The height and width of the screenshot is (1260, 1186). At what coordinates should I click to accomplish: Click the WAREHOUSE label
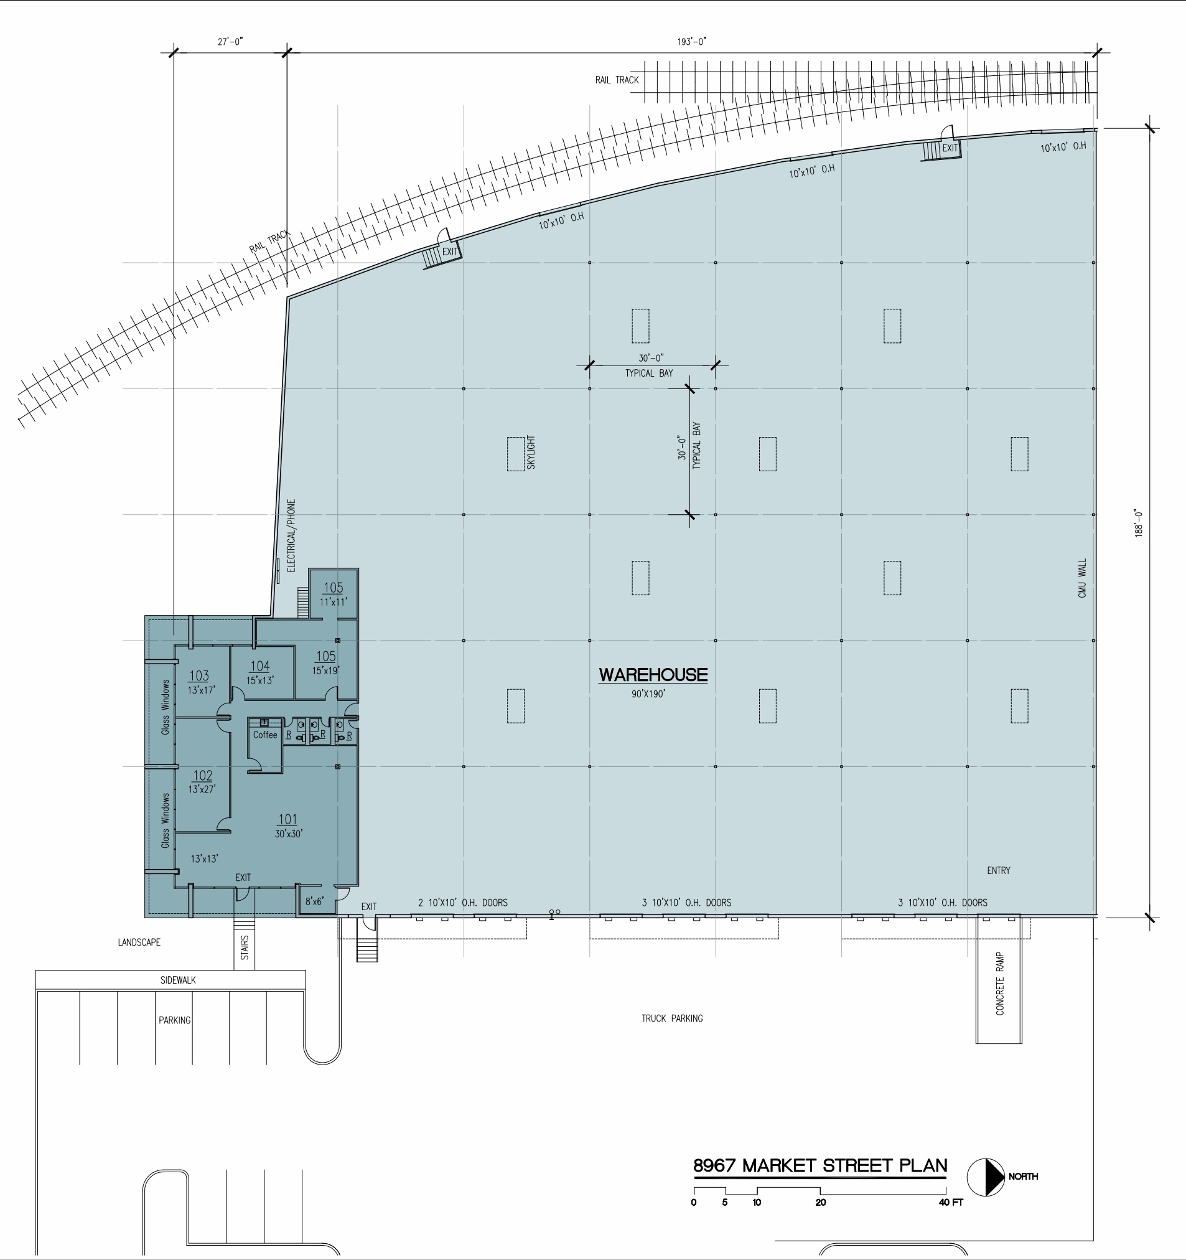click(653, 674)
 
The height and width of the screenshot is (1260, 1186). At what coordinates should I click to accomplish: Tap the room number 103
click(199, 675)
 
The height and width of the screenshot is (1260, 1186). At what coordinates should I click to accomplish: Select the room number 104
click(259, 666)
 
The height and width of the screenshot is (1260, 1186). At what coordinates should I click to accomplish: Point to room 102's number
click(203, 775)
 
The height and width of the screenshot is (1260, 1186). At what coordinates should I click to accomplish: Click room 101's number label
click(287, 819)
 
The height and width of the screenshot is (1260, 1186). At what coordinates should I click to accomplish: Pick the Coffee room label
click(265, 735)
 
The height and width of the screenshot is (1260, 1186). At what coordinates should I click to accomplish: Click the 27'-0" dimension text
click(231, 42)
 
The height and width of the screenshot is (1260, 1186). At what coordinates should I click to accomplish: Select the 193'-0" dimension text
click(692, 42)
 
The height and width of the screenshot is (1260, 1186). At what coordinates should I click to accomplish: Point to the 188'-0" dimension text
click(1139, 524)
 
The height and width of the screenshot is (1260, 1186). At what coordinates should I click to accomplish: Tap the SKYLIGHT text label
click(531, 453)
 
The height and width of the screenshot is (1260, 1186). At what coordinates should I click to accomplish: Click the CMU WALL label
click(1082, 578)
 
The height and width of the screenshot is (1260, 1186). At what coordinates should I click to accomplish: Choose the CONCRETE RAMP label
click(1000, 983)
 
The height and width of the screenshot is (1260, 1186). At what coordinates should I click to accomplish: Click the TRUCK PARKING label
click(671, 1018)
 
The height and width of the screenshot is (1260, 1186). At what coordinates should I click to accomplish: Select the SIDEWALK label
click(178, 980)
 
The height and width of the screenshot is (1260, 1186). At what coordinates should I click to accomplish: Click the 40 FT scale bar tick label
click(950, 1202)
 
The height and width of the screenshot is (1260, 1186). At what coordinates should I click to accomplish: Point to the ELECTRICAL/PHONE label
click(291, 535)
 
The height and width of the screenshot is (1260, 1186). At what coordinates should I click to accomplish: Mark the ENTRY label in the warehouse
click(999, 870)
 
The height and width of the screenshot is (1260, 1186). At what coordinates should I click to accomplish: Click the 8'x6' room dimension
click(314, 901)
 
